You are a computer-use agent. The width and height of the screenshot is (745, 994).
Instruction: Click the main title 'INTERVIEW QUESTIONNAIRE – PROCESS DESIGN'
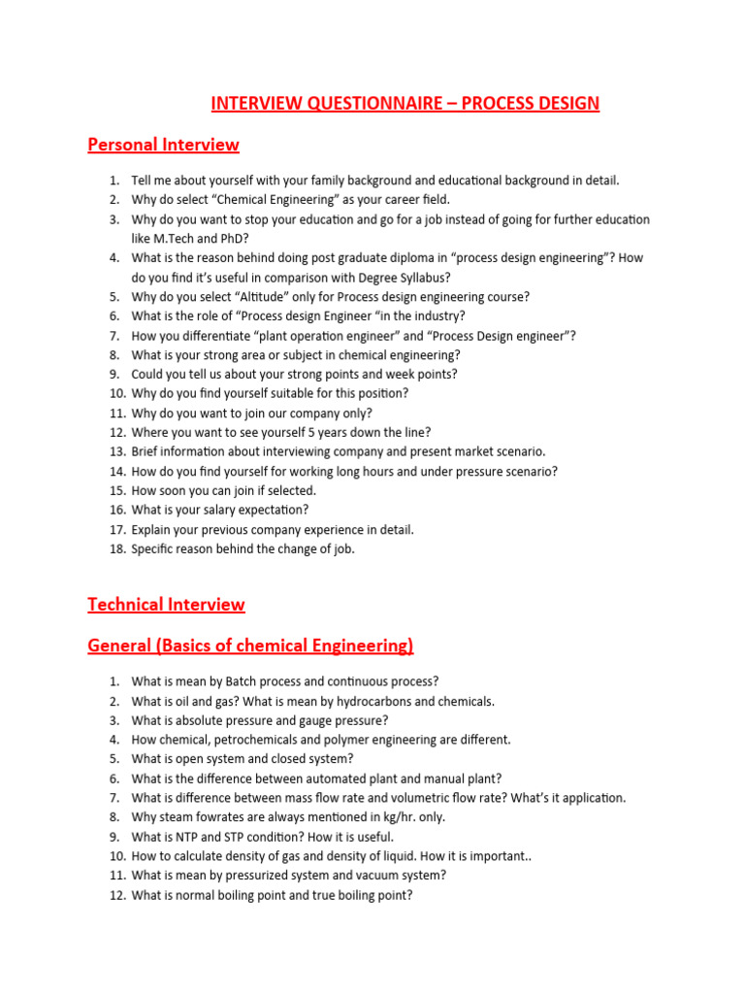[x=405, y=102]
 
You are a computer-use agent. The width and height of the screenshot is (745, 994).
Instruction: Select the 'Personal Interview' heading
[x=163, y=145]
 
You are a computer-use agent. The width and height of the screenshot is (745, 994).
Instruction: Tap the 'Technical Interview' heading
[x=166, y=604]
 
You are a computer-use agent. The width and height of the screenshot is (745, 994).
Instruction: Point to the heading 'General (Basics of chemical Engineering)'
[x=250, y=646]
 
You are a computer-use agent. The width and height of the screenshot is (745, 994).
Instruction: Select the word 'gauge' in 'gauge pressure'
[x=314, y=720]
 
